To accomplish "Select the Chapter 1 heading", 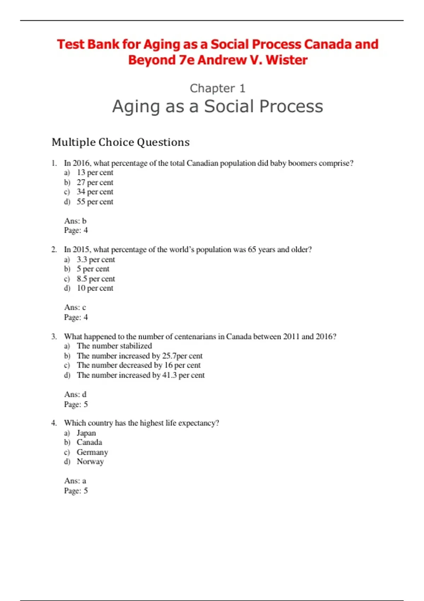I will coord(217,88).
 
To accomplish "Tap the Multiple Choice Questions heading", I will coord(120,142).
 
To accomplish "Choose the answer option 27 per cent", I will coord(95,182).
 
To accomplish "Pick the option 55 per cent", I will coord(95,202).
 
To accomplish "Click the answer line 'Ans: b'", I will coord(75,221).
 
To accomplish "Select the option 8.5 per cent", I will coord(96,279).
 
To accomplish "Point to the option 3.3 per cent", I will coord(96,259).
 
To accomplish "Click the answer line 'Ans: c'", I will coord(75,308).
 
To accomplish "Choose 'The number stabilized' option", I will coord(114,346).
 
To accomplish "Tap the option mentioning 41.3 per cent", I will coord(141,375).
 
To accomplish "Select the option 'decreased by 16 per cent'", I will coord(139,366).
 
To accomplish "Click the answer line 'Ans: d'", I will coord(75,395).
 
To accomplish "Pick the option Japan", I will coord(86,433).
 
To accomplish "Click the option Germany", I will coord(92,453).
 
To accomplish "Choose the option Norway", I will coord(90,462).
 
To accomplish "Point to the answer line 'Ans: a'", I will coord(75,481).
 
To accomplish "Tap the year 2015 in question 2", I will coord(81,250).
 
